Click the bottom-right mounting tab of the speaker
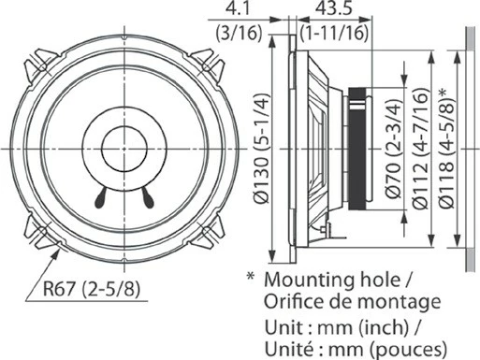[208, 230]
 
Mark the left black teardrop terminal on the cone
[99, 196]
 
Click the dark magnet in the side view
[357, 149]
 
